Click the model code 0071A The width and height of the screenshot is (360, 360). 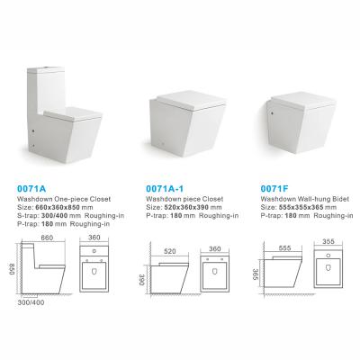tap(31, 189)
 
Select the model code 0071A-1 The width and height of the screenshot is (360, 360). tap(165, 189)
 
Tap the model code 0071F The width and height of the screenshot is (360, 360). tap(274, 189)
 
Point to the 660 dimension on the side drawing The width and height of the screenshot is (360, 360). tap(47, 238)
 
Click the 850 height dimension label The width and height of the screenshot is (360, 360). tap(13, 269)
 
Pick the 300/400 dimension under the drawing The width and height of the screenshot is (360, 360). tap(31, 302)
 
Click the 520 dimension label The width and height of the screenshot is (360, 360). tap(170, 251)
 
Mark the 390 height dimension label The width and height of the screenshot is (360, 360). tap(142, 280)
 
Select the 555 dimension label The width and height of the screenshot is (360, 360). tap(284, 247)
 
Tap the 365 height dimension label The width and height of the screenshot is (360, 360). tap(256, 274)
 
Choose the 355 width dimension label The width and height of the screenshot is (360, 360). tap(328, 242)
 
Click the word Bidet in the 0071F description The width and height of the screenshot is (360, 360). tap(341, 199)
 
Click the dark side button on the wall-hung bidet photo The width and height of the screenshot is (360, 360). tap(272, 113)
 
